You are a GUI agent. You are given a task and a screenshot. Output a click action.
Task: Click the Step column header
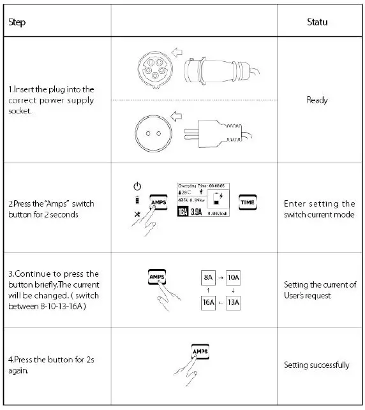point(17,22)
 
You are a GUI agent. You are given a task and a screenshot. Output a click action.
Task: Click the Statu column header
point(317,22)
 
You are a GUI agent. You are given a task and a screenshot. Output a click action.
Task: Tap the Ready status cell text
point(317,100)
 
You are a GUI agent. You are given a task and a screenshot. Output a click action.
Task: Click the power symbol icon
point(136,186)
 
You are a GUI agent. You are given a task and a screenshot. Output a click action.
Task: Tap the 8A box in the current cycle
point(209,278)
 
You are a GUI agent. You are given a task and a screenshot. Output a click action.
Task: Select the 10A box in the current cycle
point(234,278)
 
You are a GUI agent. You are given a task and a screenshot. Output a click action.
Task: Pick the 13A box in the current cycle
point(234,302)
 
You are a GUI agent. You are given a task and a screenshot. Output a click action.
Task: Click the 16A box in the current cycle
point(209,302)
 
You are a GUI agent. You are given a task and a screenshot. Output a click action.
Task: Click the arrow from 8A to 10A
point(221,278)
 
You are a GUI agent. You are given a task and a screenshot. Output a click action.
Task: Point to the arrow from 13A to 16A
point(221,302)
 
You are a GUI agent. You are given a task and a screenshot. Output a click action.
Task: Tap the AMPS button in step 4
point(200,352)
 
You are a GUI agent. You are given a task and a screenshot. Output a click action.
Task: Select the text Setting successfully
point(317,365)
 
